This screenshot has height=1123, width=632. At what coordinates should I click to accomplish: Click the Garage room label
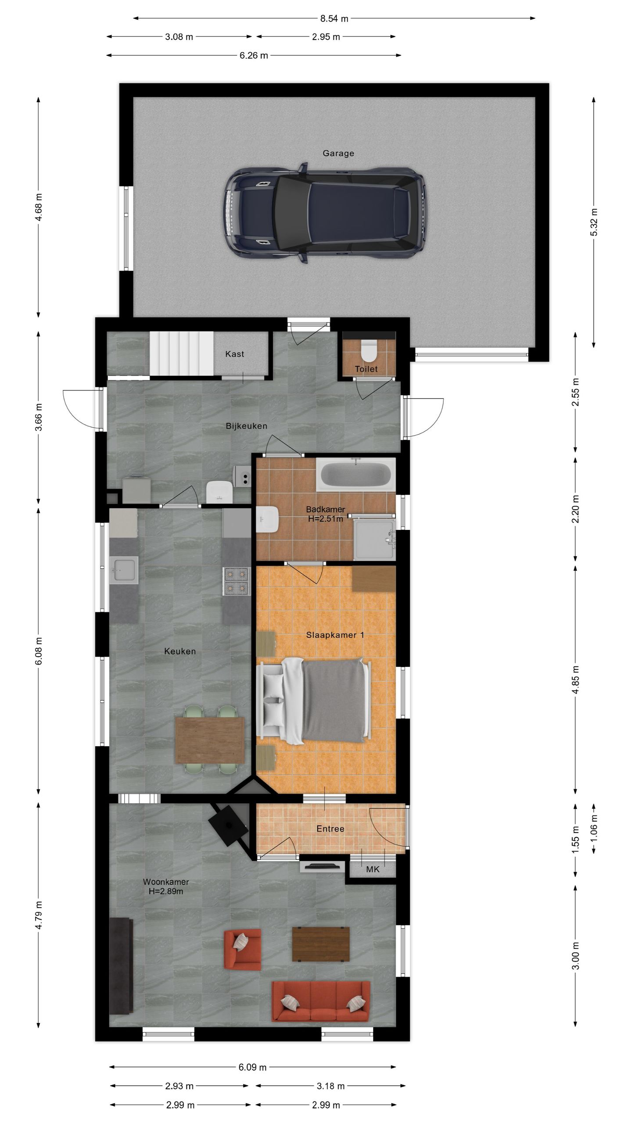point(338,153)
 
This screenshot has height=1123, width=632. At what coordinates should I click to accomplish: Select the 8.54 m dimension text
point(334,18)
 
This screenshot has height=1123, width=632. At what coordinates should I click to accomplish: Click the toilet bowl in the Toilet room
point(368,350)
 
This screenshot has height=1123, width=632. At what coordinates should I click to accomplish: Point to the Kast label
point(234,354)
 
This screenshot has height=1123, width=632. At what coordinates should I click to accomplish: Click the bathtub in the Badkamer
point(355,475)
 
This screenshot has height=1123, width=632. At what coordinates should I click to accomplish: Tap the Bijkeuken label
point(246,426)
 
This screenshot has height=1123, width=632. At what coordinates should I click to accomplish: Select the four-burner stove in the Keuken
point(236,581)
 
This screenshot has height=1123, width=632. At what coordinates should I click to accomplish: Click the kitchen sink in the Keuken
point(123,570)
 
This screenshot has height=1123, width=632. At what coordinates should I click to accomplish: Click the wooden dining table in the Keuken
point(210,740)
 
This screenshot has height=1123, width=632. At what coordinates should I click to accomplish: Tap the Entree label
point(330,829)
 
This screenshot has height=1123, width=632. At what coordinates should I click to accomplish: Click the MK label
point(373,869)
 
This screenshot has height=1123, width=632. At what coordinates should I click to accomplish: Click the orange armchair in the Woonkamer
point(242,949)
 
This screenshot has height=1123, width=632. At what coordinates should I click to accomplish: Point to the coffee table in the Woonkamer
point(321,944)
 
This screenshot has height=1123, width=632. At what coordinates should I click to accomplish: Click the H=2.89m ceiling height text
point(165,891)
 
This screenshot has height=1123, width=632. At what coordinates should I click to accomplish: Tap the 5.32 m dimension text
point(594,222)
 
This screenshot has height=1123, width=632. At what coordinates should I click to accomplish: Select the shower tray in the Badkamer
point(374,540)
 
